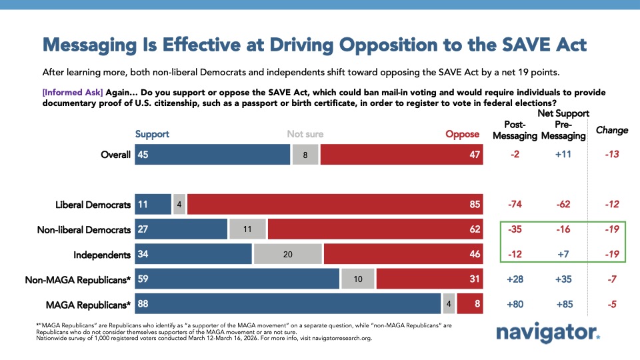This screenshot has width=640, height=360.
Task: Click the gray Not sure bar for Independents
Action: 287,255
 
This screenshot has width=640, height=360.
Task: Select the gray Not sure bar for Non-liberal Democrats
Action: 247,229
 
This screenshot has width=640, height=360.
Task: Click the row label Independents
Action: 103,255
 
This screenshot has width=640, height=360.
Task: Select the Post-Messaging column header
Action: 515,130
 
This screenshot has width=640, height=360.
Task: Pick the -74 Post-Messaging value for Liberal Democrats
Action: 515,204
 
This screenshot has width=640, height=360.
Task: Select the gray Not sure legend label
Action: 305,134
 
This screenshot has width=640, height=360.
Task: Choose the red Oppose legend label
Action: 462,134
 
